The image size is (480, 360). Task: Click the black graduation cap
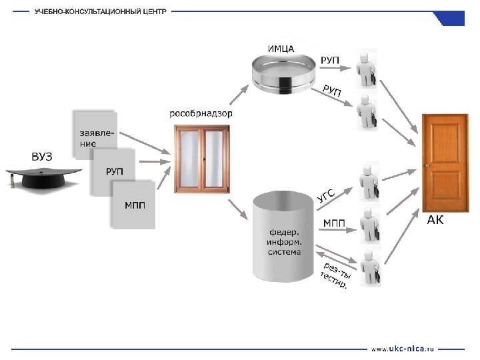[44, 177]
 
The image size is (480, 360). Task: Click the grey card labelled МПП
[134, 205]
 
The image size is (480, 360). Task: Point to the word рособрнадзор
[201, 114]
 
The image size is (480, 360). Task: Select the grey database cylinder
[283, 235]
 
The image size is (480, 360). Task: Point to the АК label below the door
[435, 221]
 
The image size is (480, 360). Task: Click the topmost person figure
[366, 69]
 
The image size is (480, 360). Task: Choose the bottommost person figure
[368, 268]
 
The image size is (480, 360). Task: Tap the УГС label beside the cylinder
[325, 195]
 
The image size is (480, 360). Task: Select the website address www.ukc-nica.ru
[402, 348]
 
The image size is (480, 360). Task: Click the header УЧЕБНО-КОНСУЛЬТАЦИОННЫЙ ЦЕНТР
[101, 12]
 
